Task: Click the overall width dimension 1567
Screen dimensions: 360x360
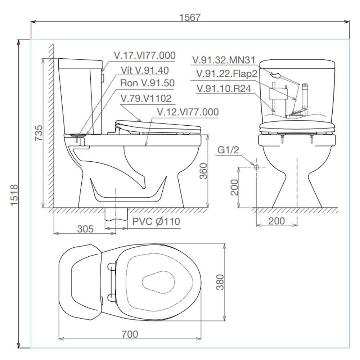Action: click(190, 17)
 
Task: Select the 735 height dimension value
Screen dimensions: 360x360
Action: click(39, 133)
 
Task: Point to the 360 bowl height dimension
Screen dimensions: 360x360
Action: click(203, 171)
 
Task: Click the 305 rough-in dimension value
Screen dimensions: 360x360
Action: click(85, 229)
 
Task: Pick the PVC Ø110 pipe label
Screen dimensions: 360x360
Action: click(156, 221)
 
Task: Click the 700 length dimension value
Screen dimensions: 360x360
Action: click(130, 334)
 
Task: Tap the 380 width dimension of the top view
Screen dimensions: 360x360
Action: click(220, 282)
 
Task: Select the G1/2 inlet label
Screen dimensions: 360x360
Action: click(228, 150)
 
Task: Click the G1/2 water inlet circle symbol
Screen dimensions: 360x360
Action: click(256, 167)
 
